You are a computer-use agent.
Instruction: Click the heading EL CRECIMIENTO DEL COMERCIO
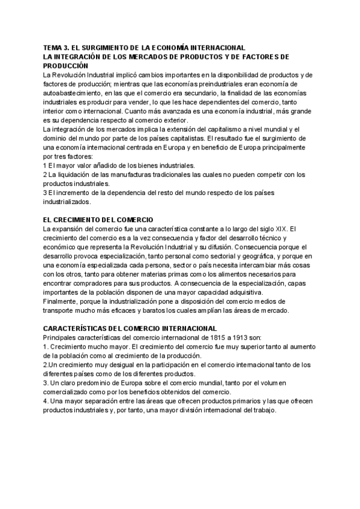[98, 220]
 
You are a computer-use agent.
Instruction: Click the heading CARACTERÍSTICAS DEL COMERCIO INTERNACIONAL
[130, 328]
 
